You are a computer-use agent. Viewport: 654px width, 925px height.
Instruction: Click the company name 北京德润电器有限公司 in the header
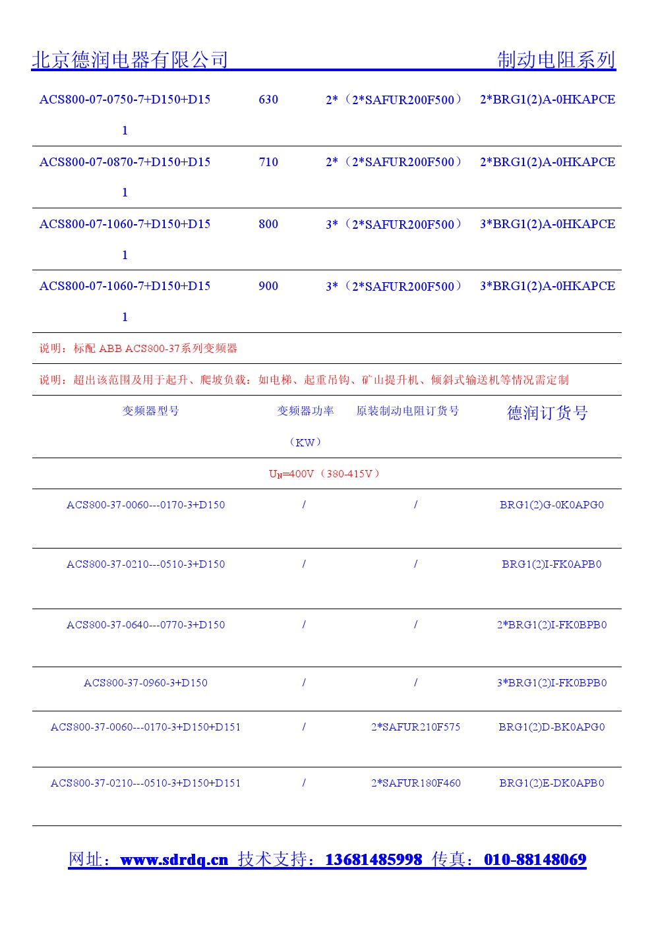[x=130, y=60]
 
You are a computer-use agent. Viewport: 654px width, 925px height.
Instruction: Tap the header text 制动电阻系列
[x=556, y=60]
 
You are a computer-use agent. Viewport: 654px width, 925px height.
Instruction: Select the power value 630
[x=268, y=100]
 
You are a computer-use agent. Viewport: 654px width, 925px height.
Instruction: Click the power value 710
[x=268, y=162]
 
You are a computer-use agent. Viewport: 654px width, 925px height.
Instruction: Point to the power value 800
[x=268, y=224]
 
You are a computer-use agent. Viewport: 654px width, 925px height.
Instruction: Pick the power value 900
[x=268, y=286]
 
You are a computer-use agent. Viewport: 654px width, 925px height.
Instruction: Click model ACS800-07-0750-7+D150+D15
[x=125, y=100]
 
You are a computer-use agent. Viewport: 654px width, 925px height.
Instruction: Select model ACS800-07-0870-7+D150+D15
[x=125, y=162]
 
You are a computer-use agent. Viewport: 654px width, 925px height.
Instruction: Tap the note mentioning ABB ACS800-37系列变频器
[x=138, y=348]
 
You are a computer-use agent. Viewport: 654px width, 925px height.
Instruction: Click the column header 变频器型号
[x=150, y=411]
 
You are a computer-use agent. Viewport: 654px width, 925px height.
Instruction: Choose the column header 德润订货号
[x=547, y=413]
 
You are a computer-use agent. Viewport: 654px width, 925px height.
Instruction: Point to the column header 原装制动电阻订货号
[x=407, y=411]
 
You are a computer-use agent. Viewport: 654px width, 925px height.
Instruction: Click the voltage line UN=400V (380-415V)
[x=324, y=473]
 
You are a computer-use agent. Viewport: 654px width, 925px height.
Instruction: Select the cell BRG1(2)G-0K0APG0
[x=551, y=505]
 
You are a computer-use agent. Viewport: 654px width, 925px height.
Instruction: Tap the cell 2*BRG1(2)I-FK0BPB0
[x=551, y=625]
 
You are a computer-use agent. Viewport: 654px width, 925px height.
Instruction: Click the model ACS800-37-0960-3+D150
[x=146, y=683]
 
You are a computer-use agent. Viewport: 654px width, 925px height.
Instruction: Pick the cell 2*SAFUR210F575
[x=415, y=727]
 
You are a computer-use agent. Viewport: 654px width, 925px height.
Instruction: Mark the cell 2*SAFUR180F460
[x=415, y=783]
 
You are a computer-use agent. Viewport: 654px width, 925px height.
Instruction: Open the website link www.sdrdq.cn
[x=174, y=860]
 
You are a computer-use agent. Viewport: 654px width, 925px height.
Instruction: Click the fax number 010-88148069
[x=535, y=860]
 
